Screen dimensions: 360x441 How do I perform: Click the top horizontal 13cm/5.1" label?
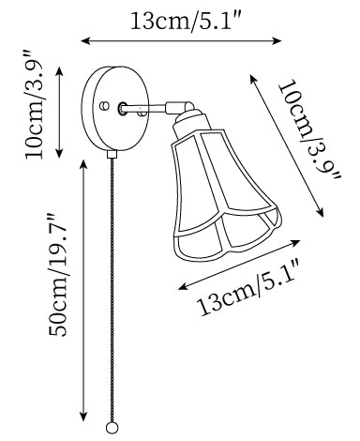187,22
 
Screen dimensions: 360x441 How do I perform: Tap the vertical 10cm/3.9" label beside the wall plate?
35,104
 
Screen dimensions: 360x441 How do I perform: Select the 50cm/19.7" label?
58,275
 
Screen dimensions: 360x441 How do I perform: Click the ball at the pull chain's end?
112,428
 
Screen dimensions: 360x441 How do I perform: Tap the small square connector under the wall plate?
112,155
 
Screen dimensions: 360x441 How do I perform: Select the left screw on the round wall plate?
104,106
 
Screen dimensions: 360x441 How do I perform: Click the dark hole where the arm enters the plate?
122,108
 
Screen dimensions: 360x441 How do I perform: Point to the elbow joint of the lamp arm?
181,107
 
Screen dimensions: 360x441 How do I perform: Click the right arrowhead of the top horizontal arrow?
277,40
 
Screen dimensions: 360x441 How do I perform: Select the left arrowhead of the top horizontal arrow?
85,40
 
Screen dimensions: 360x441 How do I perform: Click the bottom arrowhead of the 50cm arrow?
83,416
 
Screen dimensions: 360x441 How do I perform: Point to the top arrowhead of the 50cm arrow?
83,165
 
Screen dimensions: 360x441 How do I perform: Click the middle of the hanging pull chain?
112,290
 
